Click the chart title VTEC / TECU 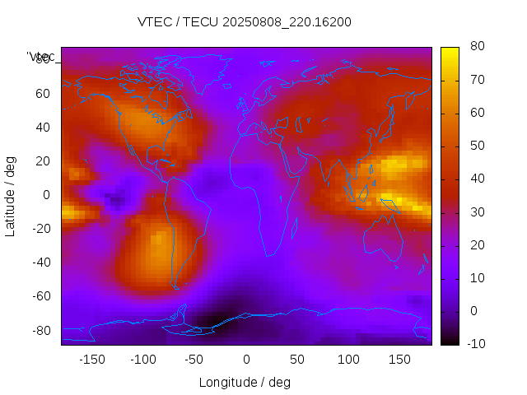click(x=245, y=22)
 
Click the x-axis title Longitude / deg click(x=245, y=382)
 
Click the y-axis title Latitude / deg click(x=11, y=195)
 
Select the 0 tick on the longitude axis click(x=246, y=360)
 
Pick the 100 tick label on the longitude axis click(x=348, y=360)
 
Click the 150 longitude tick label click(x=399, y=360)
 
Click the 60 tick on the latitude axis click(x=43, y=94)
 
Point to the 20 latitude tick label click(x=43, y=161)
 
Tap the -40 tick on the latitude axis click(x=40, y=263)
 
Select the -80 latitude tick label click(x=40, y=330)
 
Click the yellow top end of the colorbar click(x=449, y=51)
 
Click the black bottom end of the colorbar click(x=449, y=341)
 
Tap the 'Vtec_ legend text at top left click(x=41, y=57)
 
